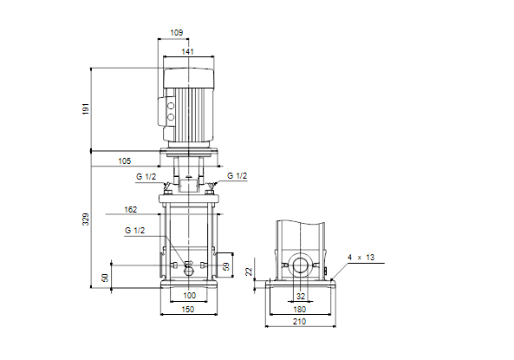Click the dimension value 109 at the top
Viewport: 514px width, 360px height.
point(176,32)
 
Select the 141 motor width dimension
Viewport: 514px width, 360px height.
point(187,51)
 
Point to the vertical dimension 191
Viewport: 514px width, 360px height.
point(86,108)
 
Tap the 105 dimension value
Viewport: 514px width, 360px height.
point(124,161)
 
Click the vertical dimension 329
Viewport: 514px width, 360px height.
point(86,219)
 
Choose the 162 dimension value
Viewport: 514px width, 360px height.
point(131,210)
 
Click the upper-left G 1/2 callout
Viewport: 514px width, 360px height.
point(146,177)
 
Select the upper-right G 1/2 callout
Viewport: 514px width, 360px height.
point(237,176)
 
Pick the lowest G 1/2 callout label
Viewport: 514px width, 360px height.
point(134,231)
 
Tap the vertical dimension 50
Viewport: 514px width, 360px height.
point(105,278)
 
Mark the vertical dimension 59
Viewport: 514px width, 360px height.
point(226,266)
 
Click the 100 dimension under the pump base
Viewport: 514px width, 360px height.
point(189,295)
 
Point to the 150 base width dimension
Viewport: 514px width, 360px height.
point(187,309)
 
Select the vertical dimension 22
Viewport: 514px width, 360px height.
point(249,272)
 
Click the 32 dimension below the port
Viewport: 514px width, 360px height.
point(301,297)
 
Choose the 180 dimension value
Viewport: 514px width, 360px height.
point(299,309)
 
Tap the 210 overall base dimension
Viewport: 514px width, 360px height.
point(299,322)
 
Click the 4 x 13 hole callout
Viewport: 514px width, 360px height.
point(361,258)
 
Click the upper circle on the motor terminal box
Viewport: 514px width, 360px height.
point(171,106)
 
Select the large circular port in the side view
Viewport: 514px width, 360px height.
point(300,265)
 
